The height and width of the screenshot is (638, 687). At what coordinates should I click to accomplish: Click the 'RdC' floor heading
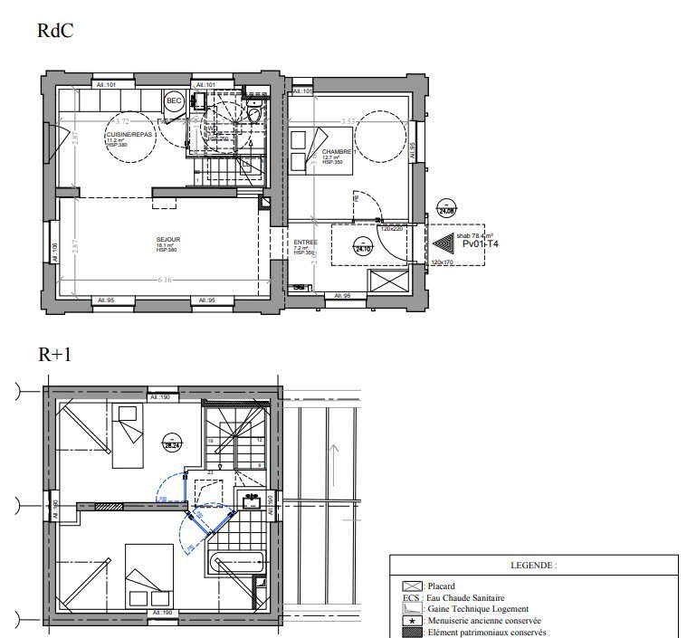[x=55, y=30]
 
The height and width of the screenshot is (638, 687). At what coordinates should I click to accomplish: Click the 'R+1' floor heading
[x=55, y=356]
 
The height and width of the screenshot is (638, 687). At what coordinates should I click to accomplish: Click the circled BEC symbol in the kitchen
[x=174, y=101]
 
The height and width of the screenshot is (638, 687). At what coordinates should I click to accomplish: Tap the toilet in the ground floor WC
[x=256, y=115]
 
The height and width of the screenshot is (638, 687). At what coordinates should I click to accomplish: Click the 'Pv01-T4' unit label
[x=481, y=243]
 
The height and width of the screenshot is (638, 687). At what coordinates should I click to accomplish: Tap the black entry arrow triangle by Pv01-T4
[x=444, y=244]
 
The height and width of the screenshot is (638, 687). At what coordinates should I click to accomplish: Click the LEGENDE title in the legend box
[x=533, y=565]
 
